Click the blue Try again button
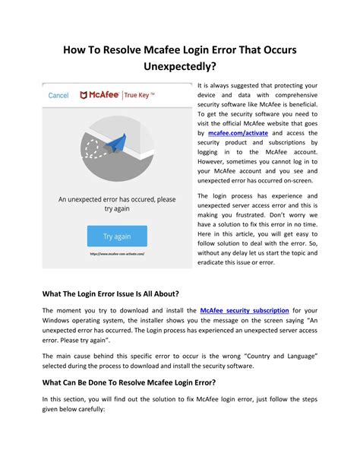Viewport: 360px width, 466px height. pyautogui.click(x=116, y=236)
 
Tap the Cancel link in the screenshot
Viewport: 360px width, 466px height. pyautogui.click(x=58, y=96)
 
